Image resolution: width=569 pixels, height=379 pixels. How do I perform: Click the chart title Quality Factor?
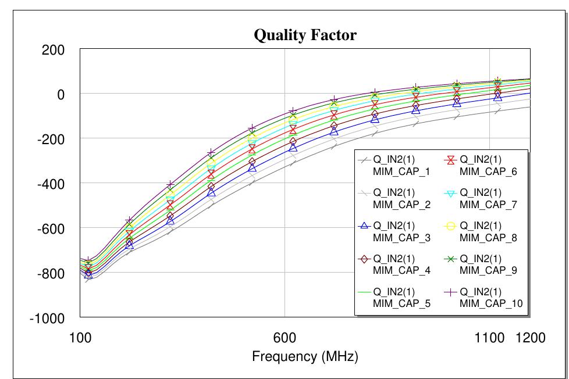(305, 35)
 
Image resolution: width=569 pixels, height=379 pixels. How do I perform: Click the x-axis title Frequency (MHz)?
(305, 356)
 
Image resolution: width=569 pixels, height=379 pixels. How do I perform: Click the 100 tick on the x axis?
(80, 337)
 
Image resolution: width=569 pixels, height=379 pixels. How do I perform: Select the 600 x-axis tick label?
(284, 337)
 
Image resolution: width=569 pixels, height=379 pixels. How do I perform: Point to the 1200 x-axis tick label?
(530, 337)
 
